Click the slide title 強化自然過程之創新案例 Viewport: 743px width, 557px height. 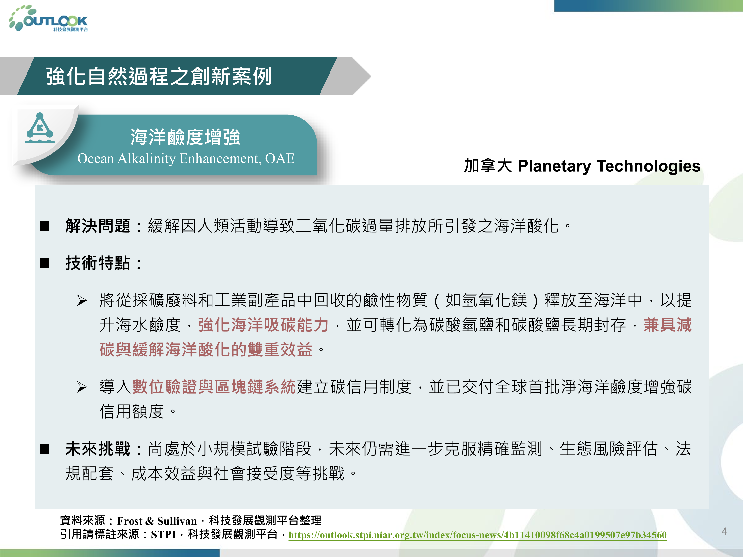[159, 76]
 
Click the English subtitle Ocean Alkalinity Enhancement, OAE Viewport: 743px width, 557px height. [186, 158]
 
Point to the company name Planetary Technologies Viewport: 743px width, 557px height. [609, 166]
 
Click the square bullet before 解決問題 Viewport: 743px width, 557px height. [44, 226]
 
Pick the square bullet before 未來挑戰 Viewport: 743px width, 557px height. [44, 449]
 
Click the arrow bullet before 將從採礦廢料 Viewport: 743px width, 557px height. [82, 300]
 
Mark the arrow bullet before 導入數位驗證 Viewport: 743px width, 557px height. [82, 387]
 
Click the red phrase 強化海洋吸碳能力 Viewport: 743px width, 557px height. [263, 325]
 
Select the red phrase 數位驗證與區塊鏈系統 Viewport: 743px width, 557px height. [214, 387]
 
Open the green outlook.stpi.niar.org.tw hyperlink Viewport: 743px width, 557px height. [477, 535]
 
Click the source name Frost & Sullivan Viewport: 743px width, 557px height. [157, 521]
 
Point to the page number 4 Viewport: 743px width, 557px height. [724, 532]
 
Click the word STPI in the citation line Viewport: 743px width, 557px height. [163, 534]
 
